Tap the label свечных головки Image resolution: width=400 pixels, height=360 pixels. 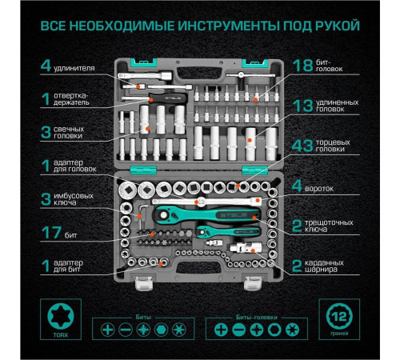coord(81,133)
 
